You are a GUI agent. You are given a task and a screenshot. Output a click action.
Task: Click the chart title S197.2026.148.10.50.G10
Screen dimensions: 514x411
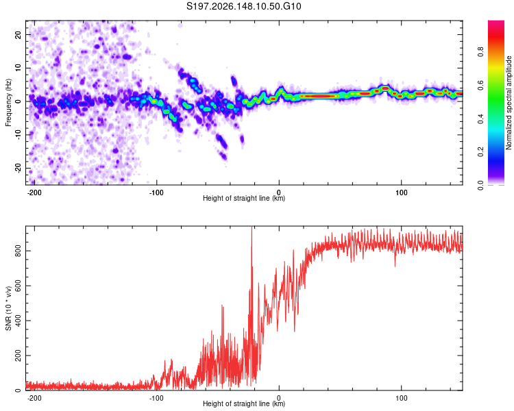pyautogui.click(x=243, y=6)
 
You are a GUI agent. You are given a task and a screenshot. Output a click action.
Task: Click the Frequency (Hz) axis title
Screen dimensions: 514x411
pyautogui.click(x=8, y=102)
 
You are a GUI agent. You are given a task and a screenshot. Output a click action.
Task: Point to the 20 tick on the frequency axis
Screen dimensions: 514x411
pyautogui.click(x=18, y=35)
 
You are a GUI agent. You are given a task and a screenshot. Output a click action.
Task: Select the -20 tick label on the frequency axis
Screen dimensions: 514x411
pyautogui.click(x=18, y=169)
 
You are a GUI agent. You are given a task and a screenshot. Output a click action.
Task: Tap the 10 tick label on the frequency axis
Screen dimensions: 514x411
pyautogui.click(x=18, y=68)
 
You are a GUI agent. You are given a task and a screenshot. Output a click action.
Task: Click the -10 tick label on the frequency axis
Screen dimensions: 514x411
pyautogui.click(x=18, y=135)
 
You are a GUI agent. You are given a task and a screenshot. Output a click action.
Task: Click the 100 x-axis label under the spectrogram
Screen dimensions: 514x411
pyautogui.click(x=401, y=192)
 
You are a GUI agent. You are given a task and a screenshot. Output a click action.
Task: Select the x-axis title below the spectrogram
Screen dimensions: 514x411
pyautogui.click(x=244, y=198)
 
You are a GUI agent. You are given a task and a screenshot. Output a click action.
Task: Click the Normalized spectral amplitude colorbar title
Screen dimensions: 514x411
pyautogui.click(x=509, y=102)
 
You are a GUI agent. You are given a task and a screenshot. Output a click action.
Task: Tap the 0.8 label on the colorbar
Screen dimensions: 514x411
pyautogui.click(x=480, y=52)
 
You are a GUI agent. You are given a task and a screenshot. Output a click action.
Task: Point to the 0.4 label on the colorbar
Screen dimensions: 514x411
pyautogui.click(x=480, y=119)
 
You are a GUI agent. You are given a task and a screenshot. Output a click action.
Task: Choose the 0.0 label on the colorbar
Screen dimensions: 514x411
pyautogui.click(x=480, y=186)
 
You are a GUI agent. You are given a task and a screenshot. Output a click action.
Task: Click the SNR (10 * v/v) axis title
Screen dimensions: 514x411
pyautogui.click(x=8, y=308)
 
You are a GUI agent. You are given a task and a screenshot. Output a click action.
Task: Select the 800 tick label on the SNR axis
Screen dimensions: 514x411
pyautogui.click(x=18, y=251)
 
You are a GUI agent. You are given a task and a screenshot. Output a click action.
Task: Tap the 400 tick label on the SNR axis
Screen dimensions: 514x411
pyautogui.click(x=18, y=321)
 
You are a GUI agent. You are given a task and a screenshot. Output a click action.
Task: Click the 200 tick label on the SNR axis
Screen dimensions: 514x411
pyautogui.click(x=18, y=356)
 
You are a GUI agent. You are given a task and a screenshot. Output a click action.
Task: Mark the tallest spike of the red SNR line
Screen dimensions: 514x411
pyautogui.click(x=252, y=227)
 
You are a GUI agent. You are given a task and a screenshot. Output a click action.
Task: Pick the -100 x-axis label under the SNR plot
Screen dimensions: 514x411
pyautogui.click(x=156, y=398)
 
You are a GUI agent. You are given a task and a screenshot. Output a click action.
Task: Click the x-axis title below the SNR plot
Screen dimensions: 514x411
pyautogui.click(x=244, y=403)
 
